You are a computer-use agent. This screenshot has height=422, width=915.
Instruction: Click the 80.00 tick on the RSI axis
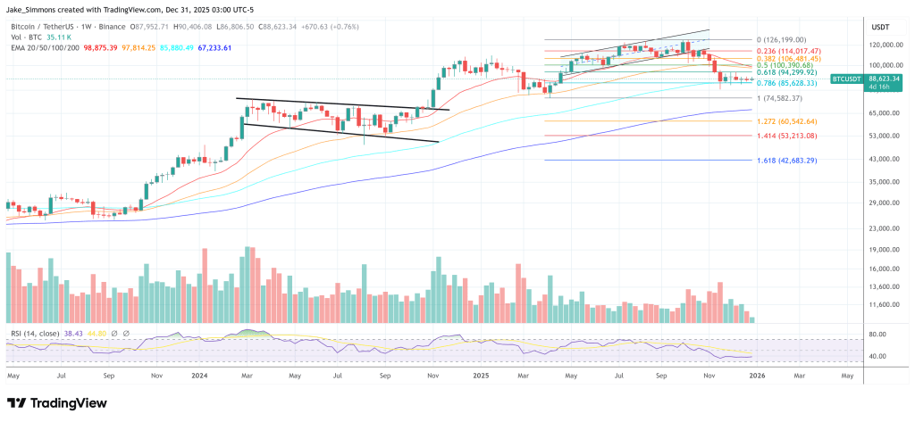tap(877, 335)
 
